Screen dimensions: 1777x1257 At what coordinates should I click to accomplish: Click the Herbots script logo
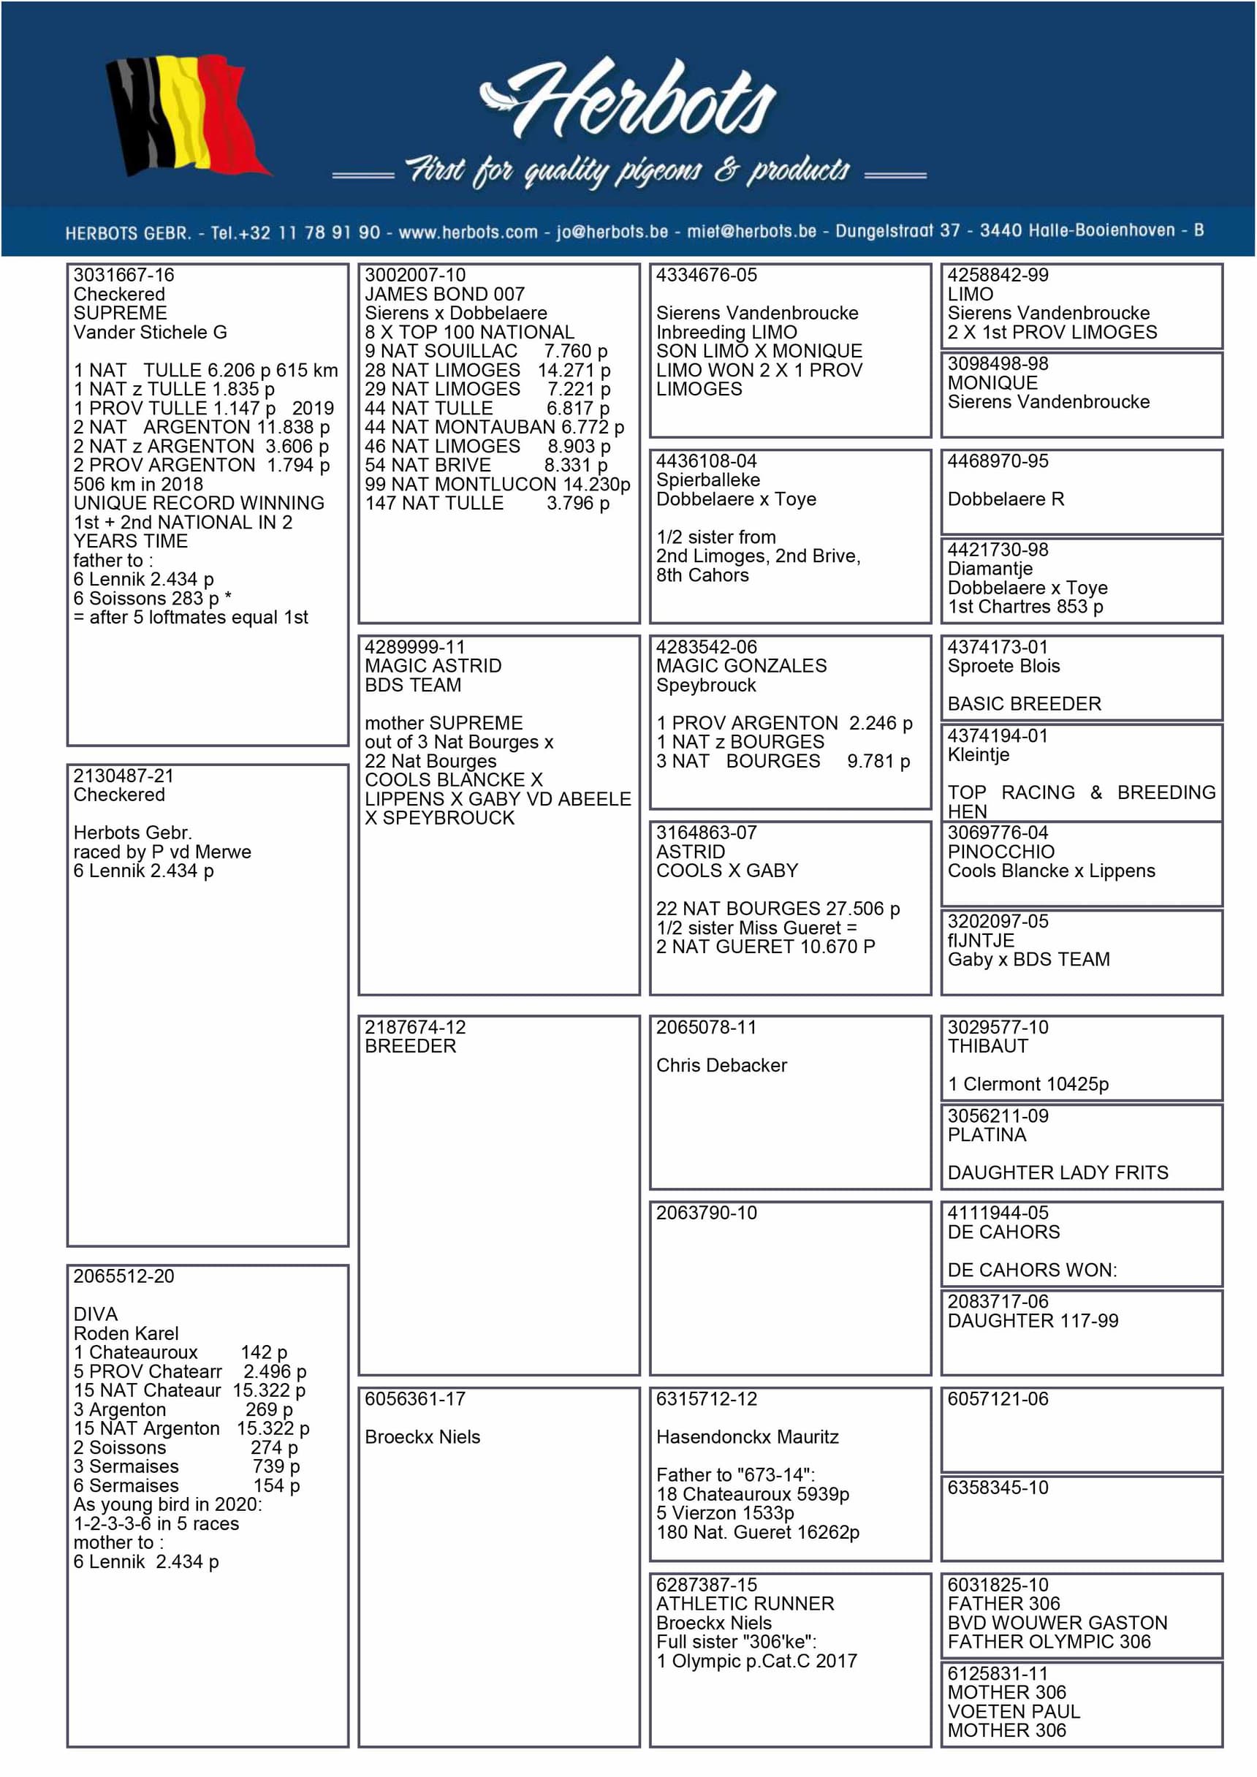pyautogui.click(x=628, y=101)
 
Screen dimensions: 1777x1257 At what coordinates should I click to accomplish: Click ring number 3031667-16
pyautogui.click(x=124, y=276)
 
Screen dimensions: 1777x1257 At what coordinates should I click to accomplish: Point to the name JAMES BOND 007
pyautogui.click(x=444, y=295)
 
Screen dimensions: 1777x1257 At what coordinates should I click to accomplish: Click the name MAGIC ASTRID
pyautogui.click(x=433, y=667)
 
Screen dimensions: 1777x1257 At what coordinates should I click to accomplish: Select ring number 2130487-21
pyautogui.click(x=124, y=776)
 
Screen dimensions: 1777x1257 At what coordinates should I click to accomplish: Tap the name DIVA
pyautogui.click(x=95, y=1315)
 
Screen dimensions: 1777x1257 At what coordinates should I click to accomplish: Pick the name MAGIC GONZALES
pyautogui.click(x=741, y=667)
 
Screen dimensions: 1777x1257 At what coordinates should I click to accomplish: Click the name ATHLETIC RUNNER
pyautogui.click(x=745, y=1604)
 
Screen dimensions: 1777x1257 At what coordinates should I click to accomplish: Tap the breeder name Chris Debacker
pyautogui.click(x=721, y=1066)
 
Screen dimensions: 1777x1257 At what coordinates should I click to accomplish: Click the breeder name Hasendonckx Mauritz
pyautogui.click(x=747, y=1437)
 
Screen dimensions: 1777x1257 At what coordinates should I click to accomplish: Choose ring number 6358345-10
pyautogui.click(x=998, y=1488)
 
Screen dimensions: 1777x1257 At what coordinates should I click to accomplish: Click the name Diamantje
pyautogui.click(x=990, y=569)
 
